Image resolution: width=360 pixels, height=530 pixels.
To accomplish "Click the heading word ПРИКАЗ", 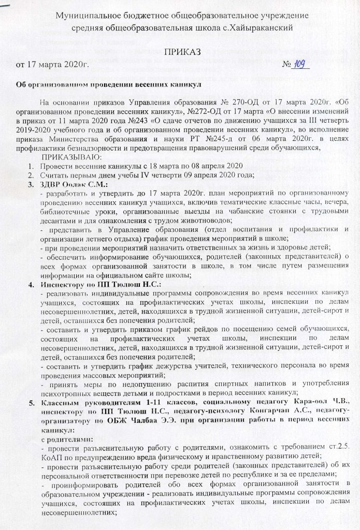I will [x=180, y=53].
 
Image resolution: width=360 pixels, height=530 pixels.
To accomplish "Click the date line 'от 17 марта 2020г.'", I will [x=53, y=65].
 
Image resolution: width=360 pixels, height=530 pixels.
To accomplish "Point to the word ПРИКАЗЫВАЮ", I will [x=73, y=157].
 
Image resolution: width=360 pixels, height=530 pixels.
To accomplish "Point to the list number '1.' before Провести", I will [x=31, y=166].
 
